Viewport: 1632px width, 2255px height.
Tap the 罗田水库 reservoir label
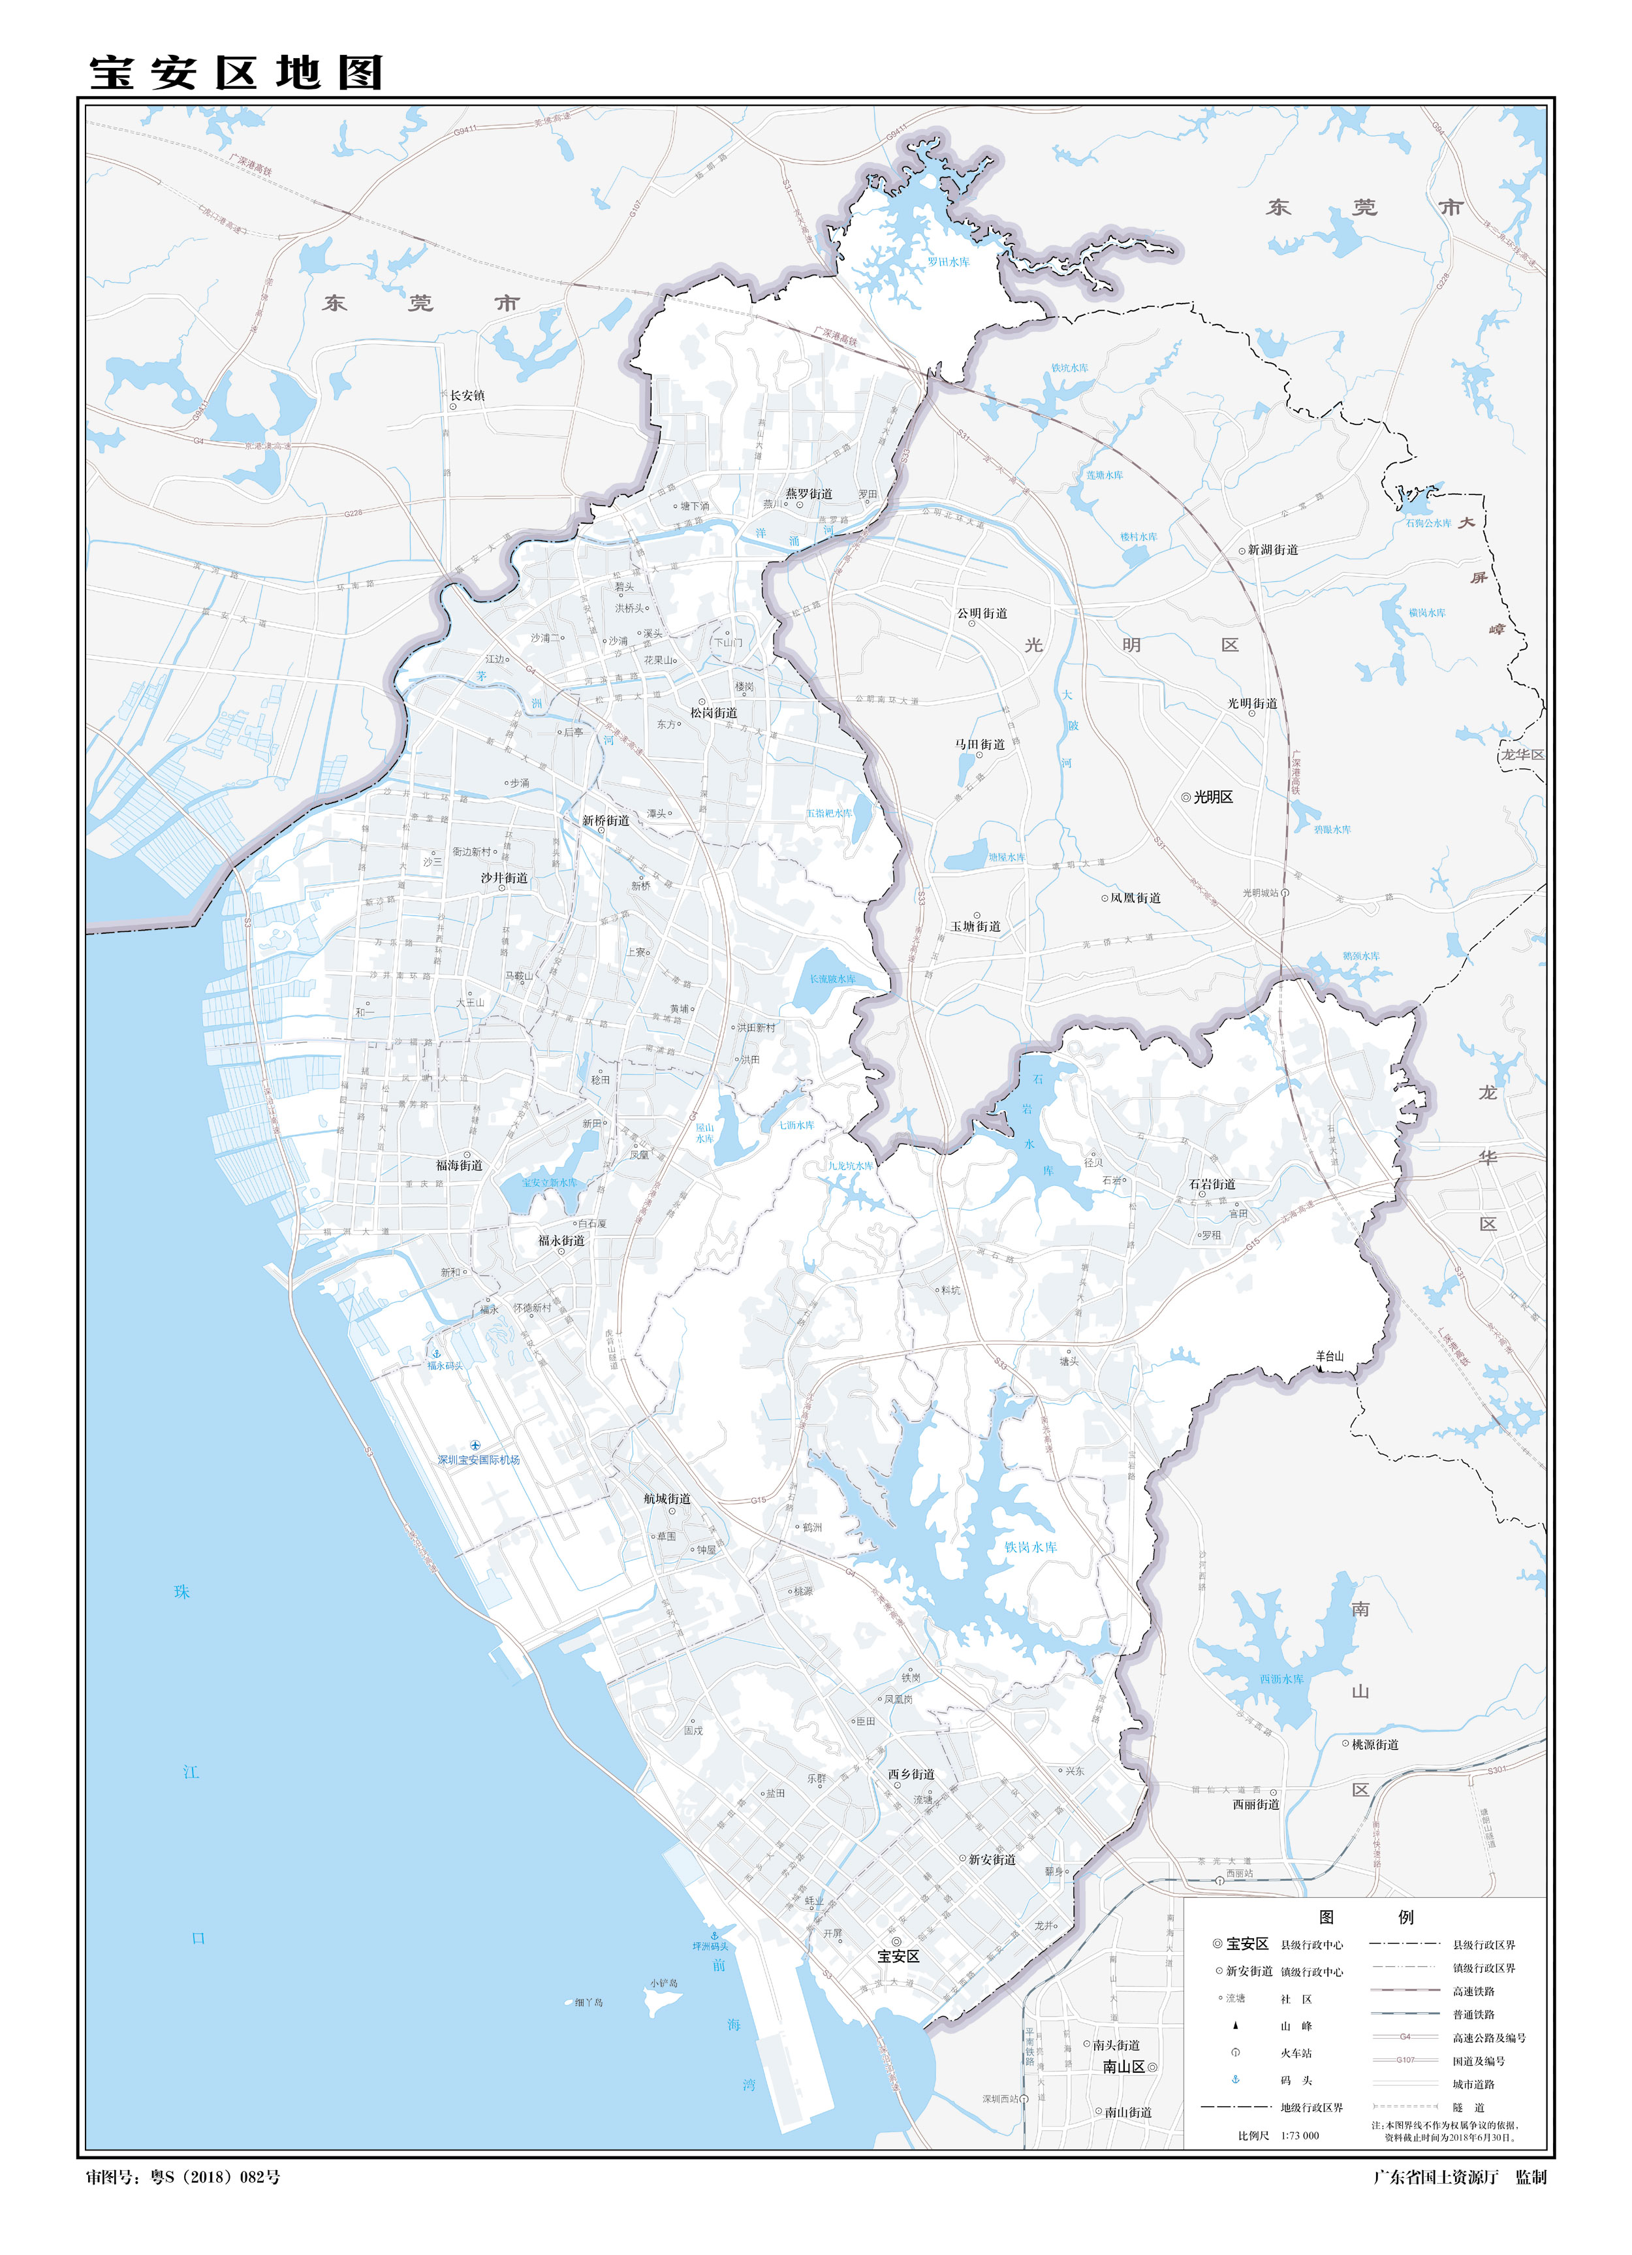click(947, 263)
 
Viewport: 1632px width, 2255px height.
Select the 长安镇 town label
click(467, 396)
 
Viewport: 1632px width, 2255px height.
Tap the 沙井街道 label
click(504, 878)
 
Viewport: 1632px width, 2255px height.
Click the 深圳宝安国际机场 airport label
click(479, 1460)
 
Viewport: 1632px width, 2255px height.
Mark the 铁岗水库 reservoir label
click(1031, 1547)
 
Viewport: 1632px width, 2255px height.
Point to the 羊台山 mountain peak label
click(1329, 1356)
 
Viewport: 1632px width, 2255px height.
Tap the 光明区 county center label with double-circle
click(1212, 797)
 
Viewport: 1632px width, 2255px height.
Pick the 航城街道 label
click(667, 1498)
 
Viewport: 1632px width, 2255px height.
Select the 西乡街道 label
click(911, 1774)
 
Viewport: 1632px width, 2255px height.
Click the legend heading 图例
click(1364, 1917)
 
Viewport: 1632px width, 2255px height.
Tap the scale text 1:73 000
click(1299, 2135)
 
